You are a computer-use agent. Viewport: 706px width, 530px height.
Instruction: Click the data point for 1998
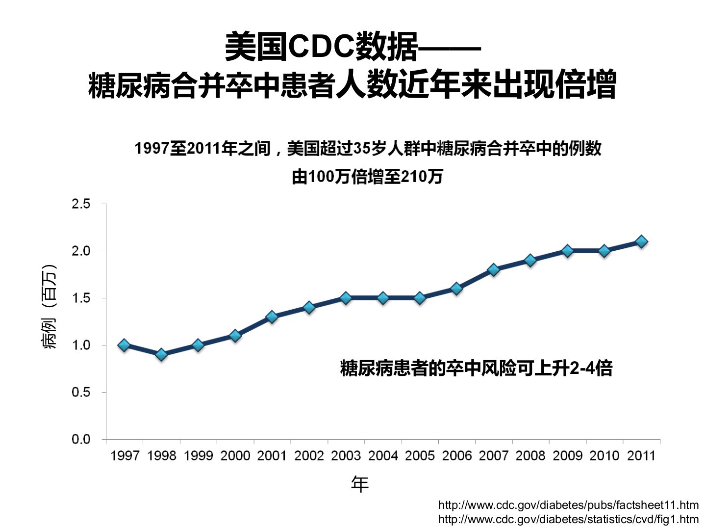(x=161, y=355)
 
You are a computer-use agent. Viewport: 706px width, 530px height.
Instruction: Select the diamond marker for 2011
(x=641, y=241)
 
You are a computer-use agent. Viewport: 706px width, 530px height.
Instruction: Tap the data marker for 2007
(x=494, y=270)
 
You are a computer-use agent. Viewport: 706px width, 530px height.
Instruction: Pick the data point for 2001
(x=272, y=317)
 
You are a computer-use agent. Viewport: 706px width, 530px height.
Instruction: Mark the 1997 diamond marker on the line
(x=124, y=345)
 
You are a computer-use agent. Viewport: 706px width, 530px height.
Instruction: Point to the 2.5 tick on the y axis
(x=81, y=204)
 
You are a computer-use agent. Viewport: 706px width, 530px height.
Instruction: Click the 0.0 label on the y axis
(x=81, y=439)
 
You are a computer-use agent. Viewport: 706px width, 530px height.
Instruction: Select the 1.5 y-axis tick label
(x=81, y=298)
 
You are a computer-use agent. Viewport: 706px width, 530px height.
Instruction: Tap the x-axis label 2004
(x=383, y=456)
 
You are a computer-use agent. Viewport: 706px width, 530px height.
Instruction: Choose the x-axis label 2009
(x=567, y=456)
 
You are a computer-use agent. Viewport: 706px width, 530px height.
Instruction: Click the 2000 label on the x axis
(x=235, y=456)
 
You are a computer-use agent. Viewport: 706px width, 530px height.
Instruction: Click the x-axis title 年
(x=359, y=484)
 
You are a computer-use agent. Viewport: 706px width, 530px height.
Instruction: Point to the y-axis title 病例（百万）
(x=49, y=307)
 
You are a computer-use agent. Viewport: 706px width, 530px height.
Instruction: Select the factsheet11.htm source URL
(x=568, y=505)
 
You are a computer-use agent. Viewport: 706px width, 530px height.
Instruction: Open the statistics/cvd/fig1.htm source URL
(x=568, y=519)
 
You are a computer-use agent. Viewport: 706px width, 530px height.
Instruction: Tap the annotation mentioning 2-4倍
(x=476, y=368)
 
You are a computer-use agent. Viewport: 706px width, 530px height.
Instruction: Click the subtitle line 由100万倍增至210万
(x=367, y=177)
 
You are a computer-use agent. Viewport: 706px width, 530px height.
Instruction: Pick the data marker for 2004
(x=383, y=298)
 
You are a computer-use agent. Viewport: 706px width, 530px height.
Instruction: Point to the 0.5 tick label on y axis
(x=81, y=392)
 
